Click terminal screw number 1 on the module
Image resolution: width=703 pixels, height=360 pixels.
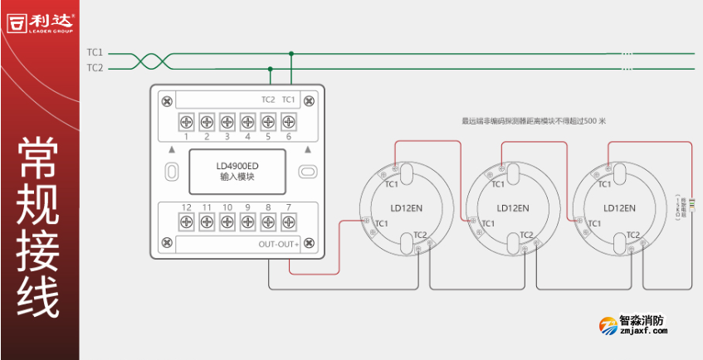click(x=186, y=122)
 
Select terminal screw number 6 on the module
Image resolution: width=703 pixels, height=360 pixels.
click(x=288, y=122)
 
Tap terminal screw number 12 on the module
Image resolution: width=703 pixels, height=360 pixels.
click(x=186, y=221)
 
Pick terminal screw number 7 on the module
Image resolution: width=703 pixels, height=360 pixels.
click(x=288, y=221)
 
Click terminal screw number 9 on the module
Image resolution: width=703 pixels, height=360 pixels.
click(x=247, y=221)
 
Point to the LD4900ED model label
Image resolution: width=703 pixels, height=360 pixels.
click(x=237, y=165)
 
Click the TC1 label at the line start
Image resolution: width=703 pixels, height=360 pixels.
click(x=95, y=52)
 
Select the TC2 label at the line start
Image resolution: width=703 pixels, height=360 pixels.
click(x=95, y=67)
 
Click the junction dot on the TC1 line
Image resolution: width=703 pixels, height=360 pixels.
click(x=290, y=53)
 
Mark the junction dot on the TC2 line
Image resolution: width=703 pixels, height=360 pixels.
click(x=270, y=68)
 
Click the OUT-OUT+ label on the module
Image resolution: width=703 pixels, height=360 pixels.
click(x=278, y=244)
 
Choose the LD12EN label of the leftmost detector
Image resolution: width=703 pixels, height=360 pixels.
click(x=407, y=208)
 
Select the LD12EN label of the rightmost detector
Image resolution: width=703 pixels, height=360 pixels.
click(x=619, y=208)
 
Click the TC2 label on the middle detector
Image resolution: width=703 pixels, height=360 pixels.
click(x=526, y=236)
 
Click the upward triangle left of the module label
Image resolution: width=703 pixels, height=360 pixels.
click(x=172, y=150)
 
